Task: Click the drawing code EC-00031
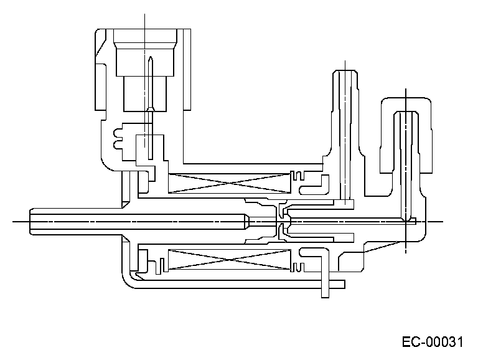coord(433,342)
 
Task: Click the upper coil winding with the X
coord(230,183)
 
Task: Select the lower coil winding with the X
coord(230,260)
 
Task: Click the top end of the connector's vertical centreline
coord(144,14)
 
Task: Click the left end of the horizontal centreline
coord(14,221)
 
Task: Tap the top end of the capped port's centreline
coord(406,89)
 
